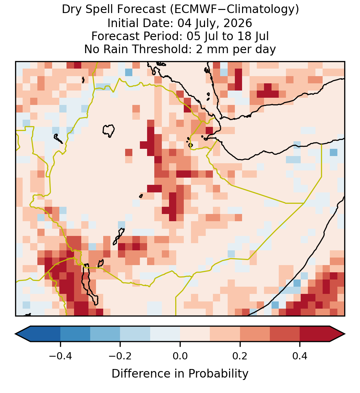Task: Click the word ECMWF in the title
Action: click(192, 10)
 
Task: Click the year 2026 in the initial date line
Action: click(238, 23)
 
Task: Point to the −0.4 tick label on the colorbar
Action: click(60, 356)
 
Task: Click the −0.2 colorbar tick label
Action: click(120, 356)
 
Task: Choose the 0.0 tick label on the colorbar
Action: click(180, 356)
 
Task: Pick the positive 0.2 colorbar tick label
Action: click(240, 356)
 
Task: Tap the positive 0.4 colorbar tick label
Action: click(300, 356)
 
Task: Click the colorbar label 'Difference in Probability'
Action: click(180, 373)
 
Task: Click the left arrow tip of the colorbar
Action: click(15, 334)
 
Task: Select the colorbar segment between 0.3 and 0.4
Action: click(285, 334)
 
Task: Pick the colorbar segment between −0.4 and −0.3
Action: click(75, 334)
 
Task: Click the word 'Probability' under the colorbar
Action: click(218, 373)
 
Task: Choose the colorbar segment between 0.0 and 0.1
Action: click(195, 334)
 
